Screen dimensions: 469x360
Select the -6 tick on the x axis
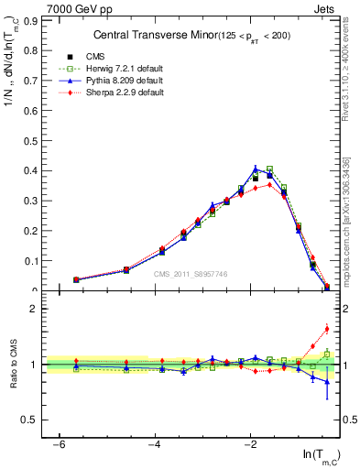(60, 444)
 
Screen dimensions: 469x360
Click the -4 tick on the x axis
(155, 444)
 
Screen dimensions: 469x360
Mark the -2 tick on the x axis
(251, 444)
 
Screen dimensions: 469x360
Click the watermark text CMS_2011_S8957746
(190, 274)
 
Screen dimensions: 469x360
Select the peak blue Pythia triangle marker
(256, 168)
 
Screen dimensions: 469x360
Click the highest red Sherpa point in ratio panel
(327, 329)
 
